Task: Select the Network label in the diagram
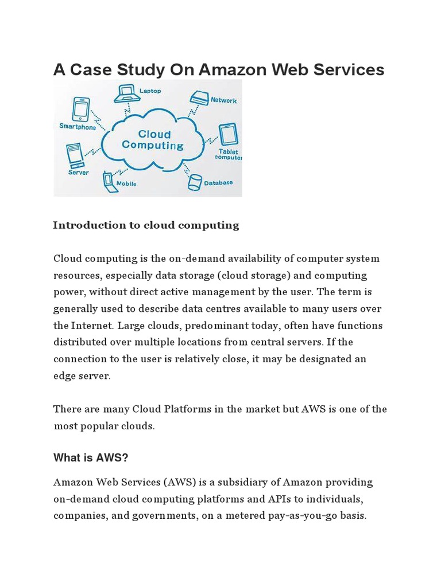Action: [223, 100]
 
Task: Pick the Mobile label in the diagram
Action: [126, 183]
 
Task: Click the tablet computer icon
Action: [229, 135]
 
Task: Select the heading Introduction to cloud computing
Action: [146, 225]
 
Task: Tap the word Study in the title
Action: [138, 69]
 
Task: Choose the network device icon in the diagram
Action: [199, 97]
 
